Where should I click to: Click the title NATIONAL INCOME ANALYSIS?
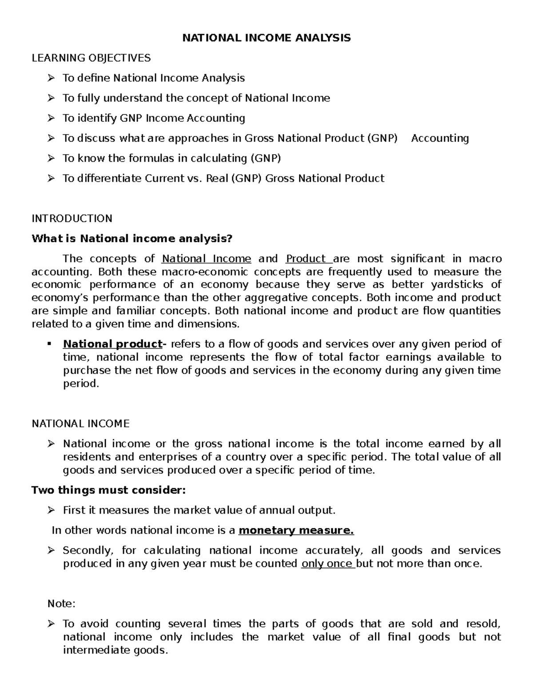point(266,38)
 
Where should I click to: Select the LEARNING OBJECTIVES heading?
point(91,58)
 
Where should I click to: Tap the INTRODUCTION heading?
point(72,219)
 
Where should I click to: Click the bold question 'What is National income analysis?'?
point(132,239)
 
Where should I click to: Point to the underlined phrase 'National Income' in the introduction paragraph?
point(206,259)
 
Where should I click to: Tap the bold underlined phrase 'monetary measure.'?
point(296,530)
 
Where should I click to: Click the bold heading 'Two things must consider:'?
point(108,491)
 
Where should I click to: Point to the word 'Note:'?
point(62,604)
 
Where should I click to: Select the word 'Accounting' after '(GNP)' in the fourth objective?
point(440,138)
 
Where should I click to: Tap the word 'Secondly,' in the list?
point(88,550)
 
